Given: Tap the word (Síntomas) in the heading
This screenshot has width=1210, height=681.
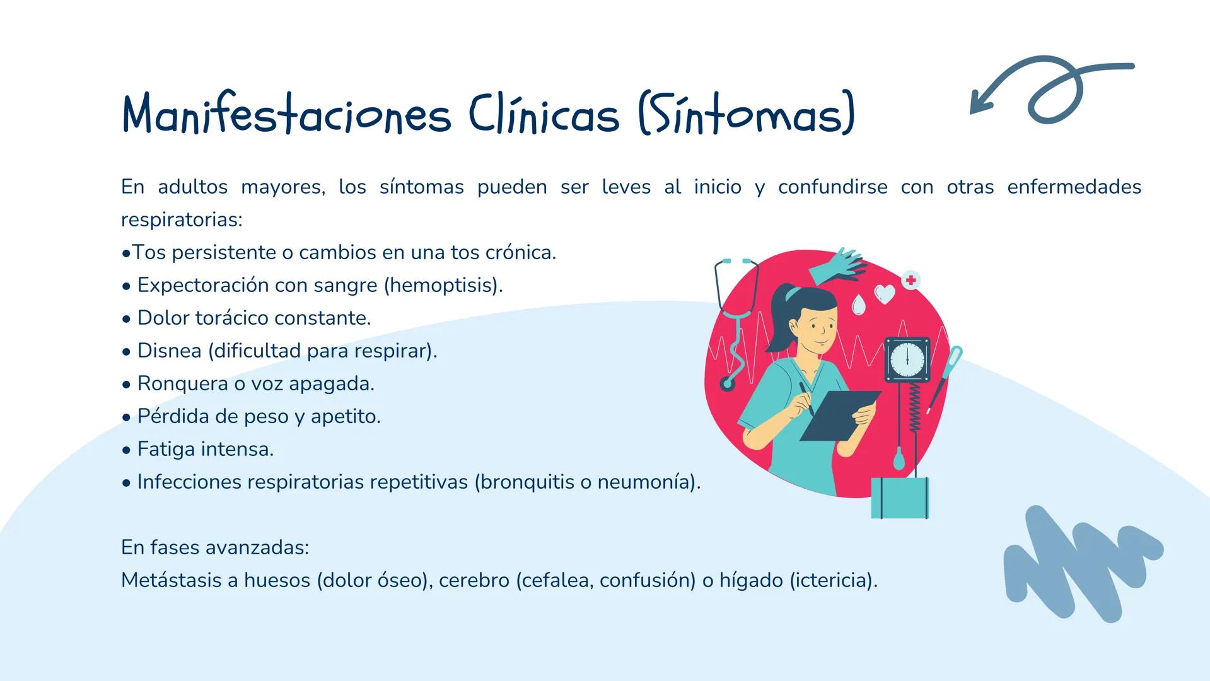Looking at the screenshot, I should click(x=747, y=114).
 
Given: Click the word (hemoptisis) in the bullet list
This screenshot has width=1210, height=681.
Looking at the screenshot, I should click(x=443, y=285).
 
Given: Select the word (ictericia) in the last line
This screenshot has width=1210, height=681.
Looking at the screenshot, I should click(x=833, y=580).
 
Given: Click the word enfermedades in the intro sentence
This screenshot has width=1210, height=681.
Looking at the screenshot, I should click(x=1074, y=187).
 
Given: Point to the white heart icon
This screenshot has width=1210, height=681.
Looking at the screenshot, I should click(x=885, y=294).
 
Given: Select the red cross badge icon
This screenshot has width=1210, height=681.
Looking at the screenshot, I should click(x=910, y=280).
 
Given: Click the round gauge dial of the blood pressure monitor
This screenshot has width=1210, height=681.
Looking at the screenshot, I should click(x=907, y=360).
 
